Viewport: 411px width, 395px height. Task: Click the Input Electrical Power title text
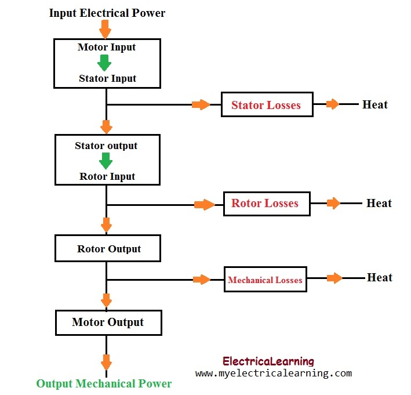(x=107, y=13)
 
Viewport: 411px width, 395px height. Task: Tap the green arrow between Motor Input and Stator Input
(x=104, y=62)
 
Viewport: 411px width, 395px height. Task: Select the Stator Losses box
(x=267, y=105)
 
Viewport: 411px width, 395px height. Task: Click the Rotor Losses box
(x=267, y=204)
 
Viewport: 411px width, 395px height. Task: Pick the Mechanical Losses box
(x=265, y=280)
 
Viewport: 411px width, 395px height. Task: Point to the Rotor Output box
(x=108, y=249)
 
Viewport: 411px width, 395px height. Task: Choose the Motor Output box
(x=108, y=322)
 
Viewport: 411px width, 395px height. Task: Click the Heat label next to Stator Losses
(x=375, y=105)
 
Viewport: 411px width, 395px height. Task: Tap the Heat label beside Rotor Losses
(x=379, y=204)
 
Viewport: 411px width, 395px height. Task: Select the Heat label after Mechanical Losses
(x=380, y=278)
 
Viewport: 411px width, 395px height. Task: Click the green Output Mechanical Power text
(x=104, y=383)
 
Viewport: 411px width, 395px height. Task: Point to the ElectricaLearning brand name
(x=268, y=361)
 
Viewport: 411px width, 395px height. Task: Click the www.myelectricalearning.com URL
(x=274, y=374)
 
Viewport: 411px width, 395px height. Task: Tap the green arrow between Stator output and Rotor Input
(x=106, y=161)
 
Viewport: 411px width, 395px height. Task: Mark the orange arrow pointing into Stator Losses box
(x=201, y=105)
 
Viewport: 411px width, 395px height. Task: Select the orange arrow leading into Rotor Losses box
(x=203, y=204)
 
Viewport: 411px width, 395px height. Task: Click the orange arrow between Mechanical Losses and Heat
(x=334, y=278)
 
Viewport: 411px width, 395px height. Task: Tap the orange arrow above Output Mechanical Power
(x=106, y=363)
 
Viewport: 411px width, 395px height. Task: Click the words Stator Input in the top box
(x=107, y=78)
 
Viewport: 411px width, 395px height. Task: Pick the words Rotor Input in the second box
(x=107, y=176)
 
